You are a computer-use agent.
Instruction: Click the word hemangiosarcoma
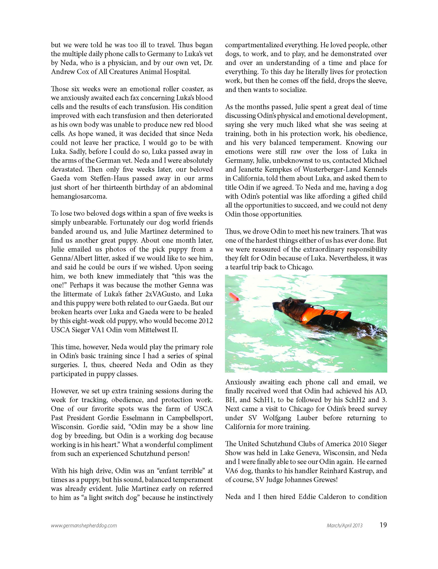79,196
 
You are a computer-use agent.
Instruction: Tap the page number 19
383,525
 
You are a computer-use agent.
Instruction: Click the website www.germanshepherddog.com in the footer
84,525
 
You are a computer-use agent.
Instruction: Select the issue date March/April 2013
345,525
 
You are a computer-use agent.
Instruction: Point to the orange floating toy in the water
234,296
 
